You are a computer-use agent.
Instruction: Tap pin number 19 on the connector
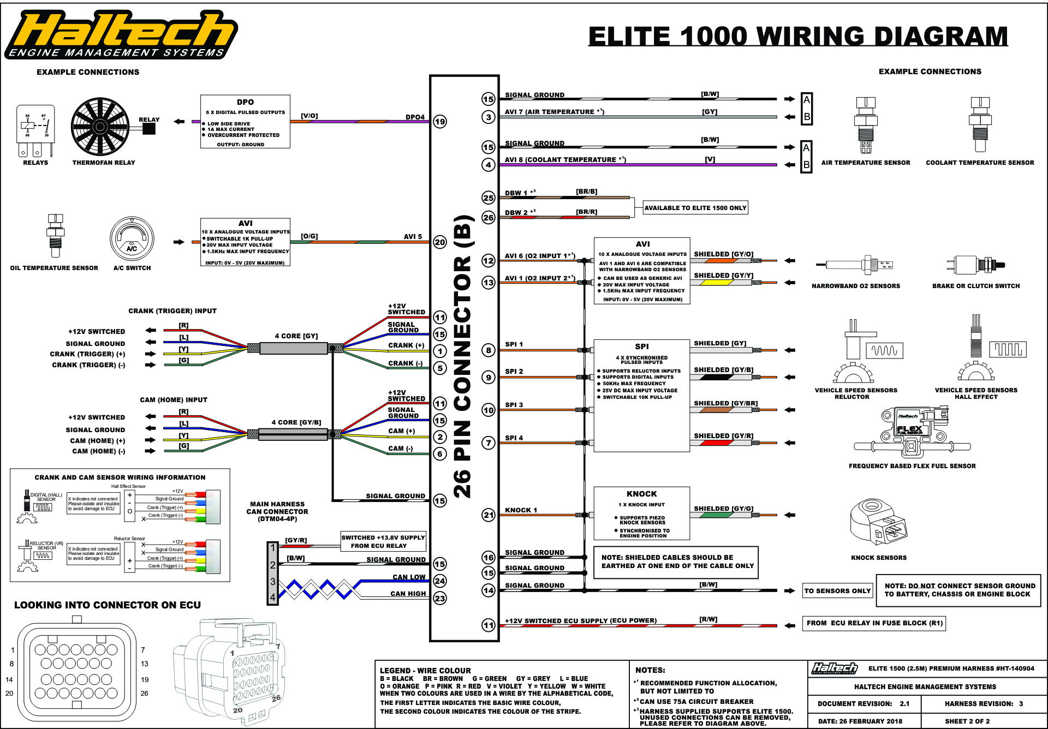click(440, 122)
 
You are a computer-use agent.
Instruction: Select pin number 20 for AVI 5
click(440, 242)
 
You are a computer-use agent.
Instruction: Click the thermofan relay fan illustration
click(100, 127)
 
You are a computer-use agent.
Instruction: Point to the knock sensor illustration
click(878, 525)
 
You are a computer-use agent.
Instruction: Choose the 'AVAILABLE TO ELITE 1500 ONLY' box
click(695, 208)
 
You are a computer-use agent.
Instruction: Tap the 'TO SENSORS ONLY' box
click(837, 591)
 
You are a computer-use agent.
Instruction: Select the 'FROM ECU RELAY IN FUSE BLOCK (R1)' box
click(874, 623)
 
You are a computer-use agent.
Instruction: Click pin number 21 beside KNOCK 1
click(489, 515)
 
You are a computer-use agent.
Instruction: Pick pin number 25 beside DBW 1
click(489, 198)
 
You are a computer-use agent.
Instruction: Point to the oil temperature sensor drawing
click(55, 235)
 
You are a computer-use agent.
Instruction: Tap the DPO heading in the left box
click(245, 102)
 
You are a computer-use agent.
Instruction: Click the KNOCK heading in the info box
click(641, 494)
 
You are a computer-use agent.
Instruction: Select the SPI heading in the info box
click(642, 346)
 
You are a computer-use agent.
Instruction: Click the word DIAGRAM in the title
click(938, 37)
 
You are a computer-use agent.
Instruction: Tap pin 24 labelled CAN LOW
click(440, 581)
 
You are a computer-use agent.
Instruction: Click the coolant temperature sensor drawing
click(980, 124)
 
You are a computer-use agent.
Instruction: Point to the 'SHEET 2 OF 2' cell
click(967, 721)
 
